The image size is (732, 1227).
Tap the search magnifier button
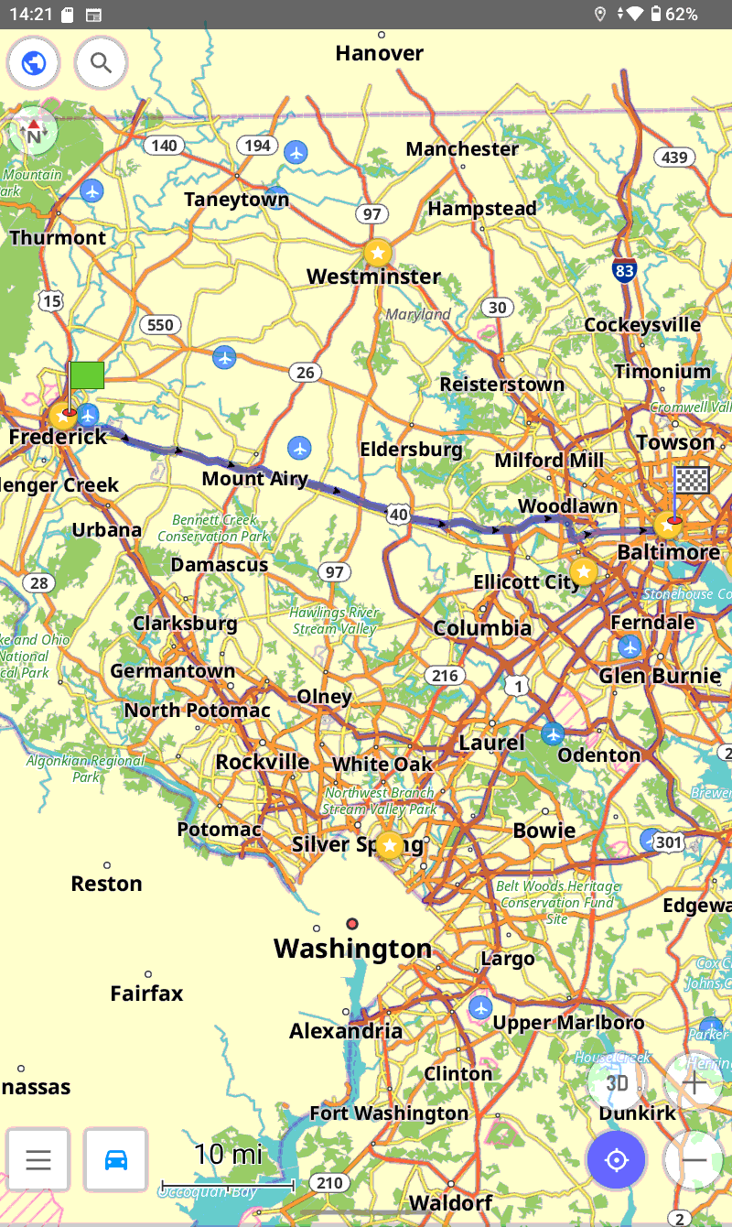pyautogui.click(x=101, y=63)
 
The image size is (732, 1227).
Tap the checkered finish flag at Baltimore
pyautogui.click(x=691, y=481)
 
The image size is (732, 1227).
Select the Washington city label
pyautogui.click(x=352, y=948)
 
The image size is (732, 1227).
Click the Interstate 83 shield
pyautogui.click(x=625, y=270)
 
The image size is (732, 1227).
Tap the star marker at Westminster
pyautogui.click(x=377, y=252)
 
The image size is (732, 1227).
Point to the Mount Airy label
pyautogui.click(x=254, y=479)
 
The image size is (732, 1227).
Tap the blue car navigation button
pyautogui.click(x=116, y=1159)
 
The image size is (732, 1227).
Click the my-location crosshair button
pyautogui.click(x=617, y=1160)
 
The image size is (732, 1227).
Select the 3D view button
pyautogui.click(x=618, y=1083)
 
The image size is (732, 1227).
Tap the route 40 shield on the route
pyautogui.click(x=398, y=515)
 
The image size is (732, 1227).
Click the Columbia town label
pyautogui.click(x=482, y=628)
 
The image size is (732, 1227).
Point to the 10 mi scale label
pyautogui.click(x=228, y=1154)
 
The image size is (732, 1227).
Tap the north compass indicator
pyautogui.click(x=34, y=134)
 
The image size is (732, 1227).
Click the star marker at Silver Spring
pyautogui.click(x=391, y=845)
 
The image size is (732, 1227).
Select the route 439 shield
pyautogui.click(x=673, y=157)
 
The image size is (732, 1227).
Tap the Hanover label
pyautogui.click(x=379, y=53)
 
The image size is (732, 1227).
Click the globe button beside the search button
pyautogui.click(x=34, y=63)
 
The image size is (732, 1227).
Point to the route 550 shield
pyautogui.click(x=160, y=325)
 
